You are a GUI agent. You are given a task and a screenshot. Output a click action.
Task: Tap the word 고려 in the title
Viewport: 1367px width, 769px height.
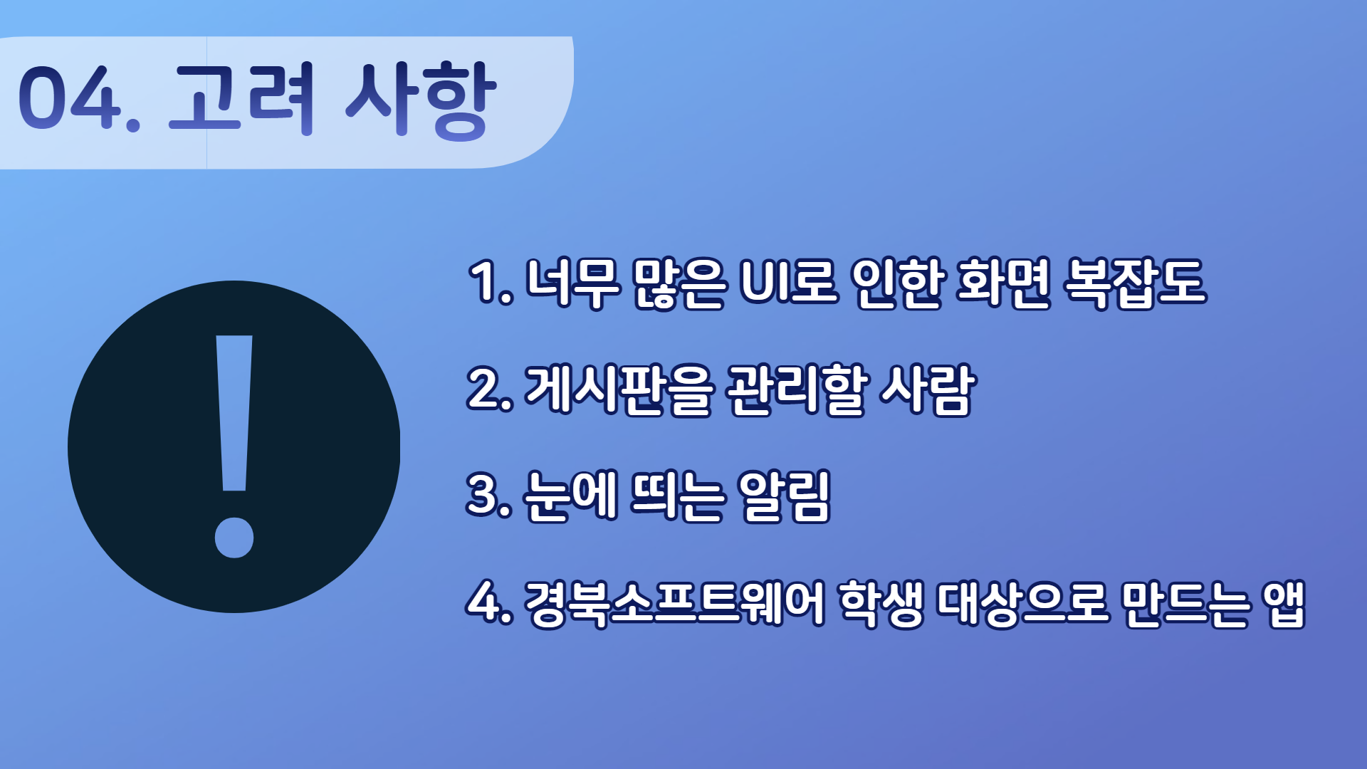(241, 98)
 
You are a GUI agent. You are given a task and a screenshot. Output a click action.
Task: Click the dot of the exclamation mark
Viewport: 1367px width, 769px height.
(234, 538)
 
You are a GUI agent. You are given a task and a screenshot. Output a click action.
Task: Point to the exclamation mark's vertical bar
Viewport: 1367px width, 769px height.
(234, 413)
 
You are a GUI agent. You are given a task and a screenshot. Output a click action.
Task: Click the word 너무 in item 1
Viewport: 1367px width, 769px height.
(572, 283)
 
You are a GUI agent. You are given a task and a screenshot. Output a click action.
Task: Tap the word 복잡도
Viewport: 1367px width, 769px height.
(1135, 283)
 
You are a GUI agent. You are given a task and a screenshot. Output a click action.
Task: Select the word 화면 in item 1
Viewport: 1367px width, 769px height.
(1004, 283)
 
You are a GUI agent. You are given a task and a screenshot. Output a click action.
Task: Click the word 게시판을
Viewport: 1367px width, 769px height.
(618, 389)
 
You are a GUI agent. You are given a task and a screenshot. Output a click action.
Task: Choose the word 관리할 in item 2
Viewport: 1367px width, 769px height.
(796, 389)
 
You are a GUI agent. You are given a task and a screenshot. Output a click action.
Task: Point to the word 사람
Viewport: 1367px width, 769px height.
(927, 389)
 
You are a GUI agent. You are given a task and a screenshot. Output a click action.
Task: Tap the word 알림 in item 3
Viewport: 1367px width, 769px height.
(785, 496)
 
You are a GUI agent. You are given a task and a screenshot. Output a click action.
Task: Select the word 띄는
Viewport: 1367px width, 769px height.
(678, 496)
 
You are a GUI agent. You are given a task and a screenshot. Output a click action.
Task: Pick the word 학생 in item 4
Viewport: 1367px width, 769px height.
(881, 603)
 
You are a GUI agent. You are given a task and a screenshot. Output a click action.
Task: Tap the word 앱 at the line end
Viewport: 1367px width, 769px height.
(1284, 603)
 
